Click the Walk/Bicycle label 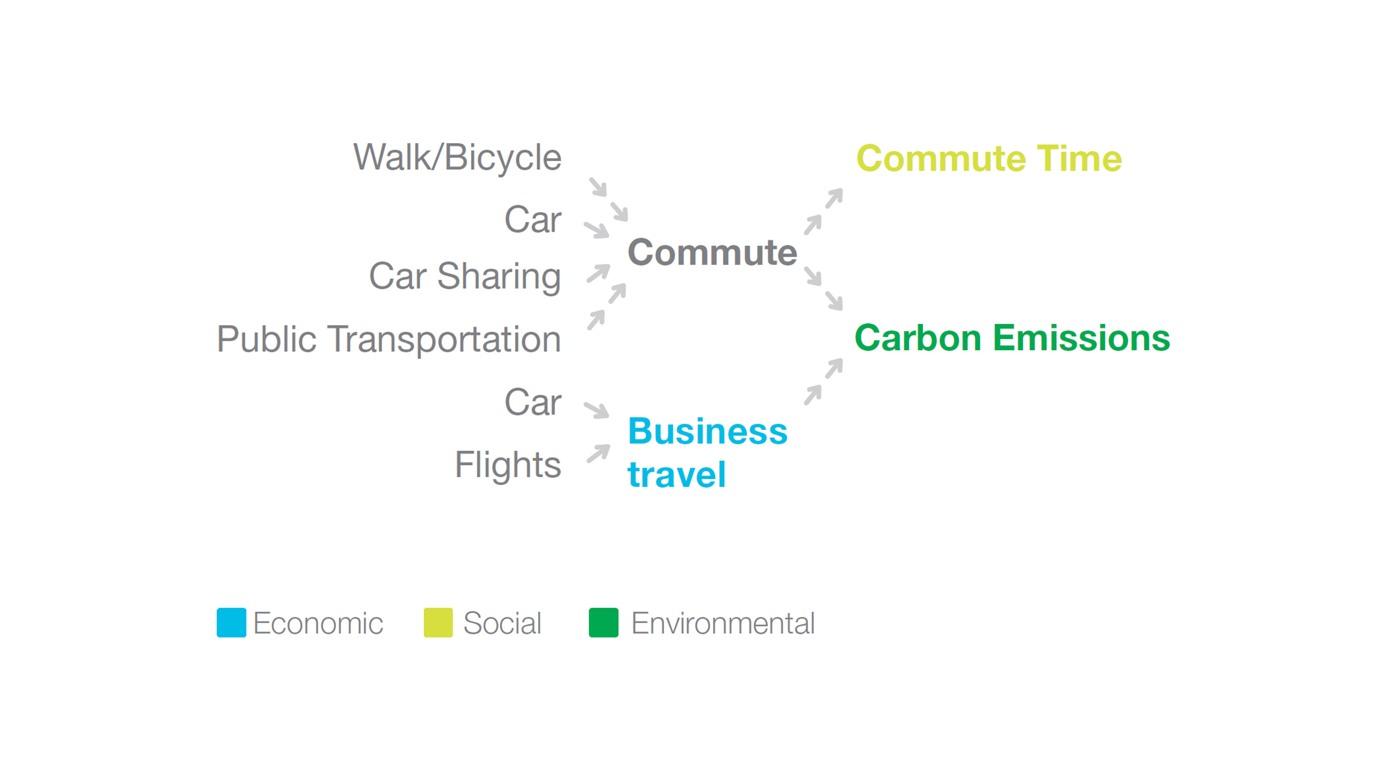457,158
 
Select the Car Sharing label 465,277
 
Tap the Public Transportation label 389,340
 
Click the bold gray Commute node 712,253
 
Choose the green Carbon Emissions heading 1012,338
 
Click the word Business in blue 707,431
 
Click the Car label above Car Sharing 533,220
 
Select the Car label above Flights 533,402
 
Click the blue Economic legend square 231,623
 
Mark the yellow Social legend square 438,623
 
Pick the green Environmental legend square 604,623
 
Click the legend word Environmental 723,624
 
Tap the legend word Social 502,624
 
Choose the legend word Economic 318,624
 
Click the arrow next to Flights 598,453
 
